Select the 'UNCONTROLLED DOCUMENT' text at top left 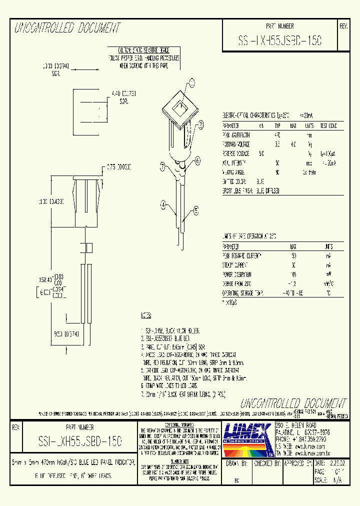click(67, 28)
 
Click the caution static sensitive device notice click(143, 58)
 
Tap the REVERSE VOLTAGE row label click(236, 153)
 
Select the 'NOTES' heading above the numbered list click(146, 316)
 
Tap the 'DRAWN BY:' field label click(236, 463)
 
